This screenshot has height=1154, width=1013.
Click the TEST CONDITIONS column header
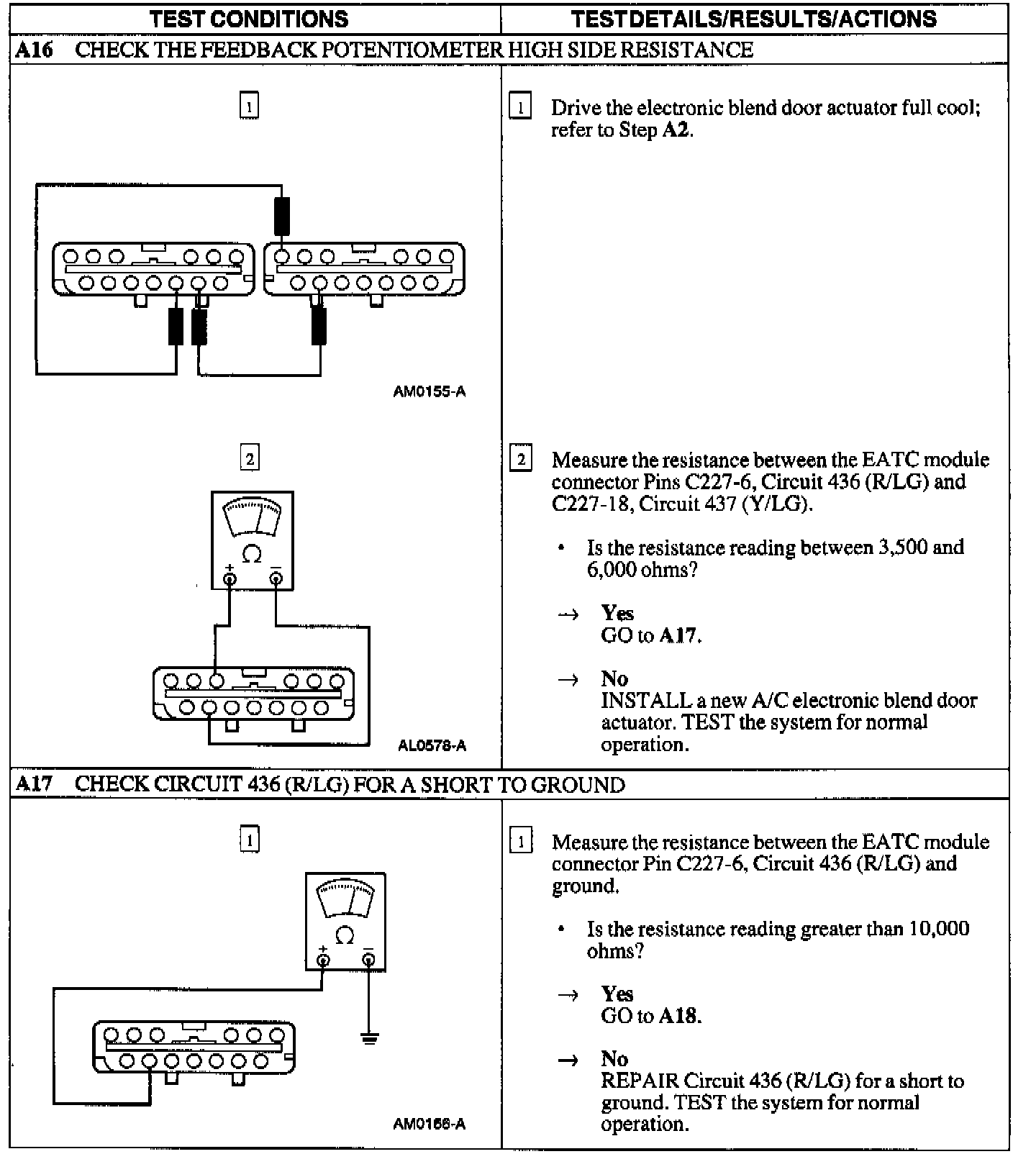point(249,19)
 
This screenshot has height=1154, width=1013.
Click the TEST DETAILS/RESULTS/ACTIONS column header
point(753,19)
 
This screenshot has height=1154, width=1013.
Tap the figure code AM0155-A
point(430,392)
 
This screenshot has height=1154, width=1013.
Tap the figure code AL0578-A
point(432,746)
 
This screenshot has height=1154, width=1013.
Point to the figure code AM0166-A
point(430,1124)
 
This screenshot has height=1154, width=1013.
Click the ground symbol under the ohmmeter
point(369,1037)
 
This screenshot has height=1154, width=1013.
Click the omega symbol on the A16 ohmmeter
point(252,554)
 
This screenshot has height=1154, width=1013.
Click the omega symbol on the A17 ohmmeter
point(345,935)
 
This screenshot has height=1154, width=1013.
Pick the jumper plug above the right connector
point(281,216)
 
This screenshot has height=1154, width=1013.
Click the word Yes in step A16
point(617,613)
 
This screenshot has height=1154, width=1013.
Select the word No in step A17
point(614,1058)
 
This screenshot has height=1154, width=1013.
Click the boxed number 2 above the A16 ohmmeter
point(249,458)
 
